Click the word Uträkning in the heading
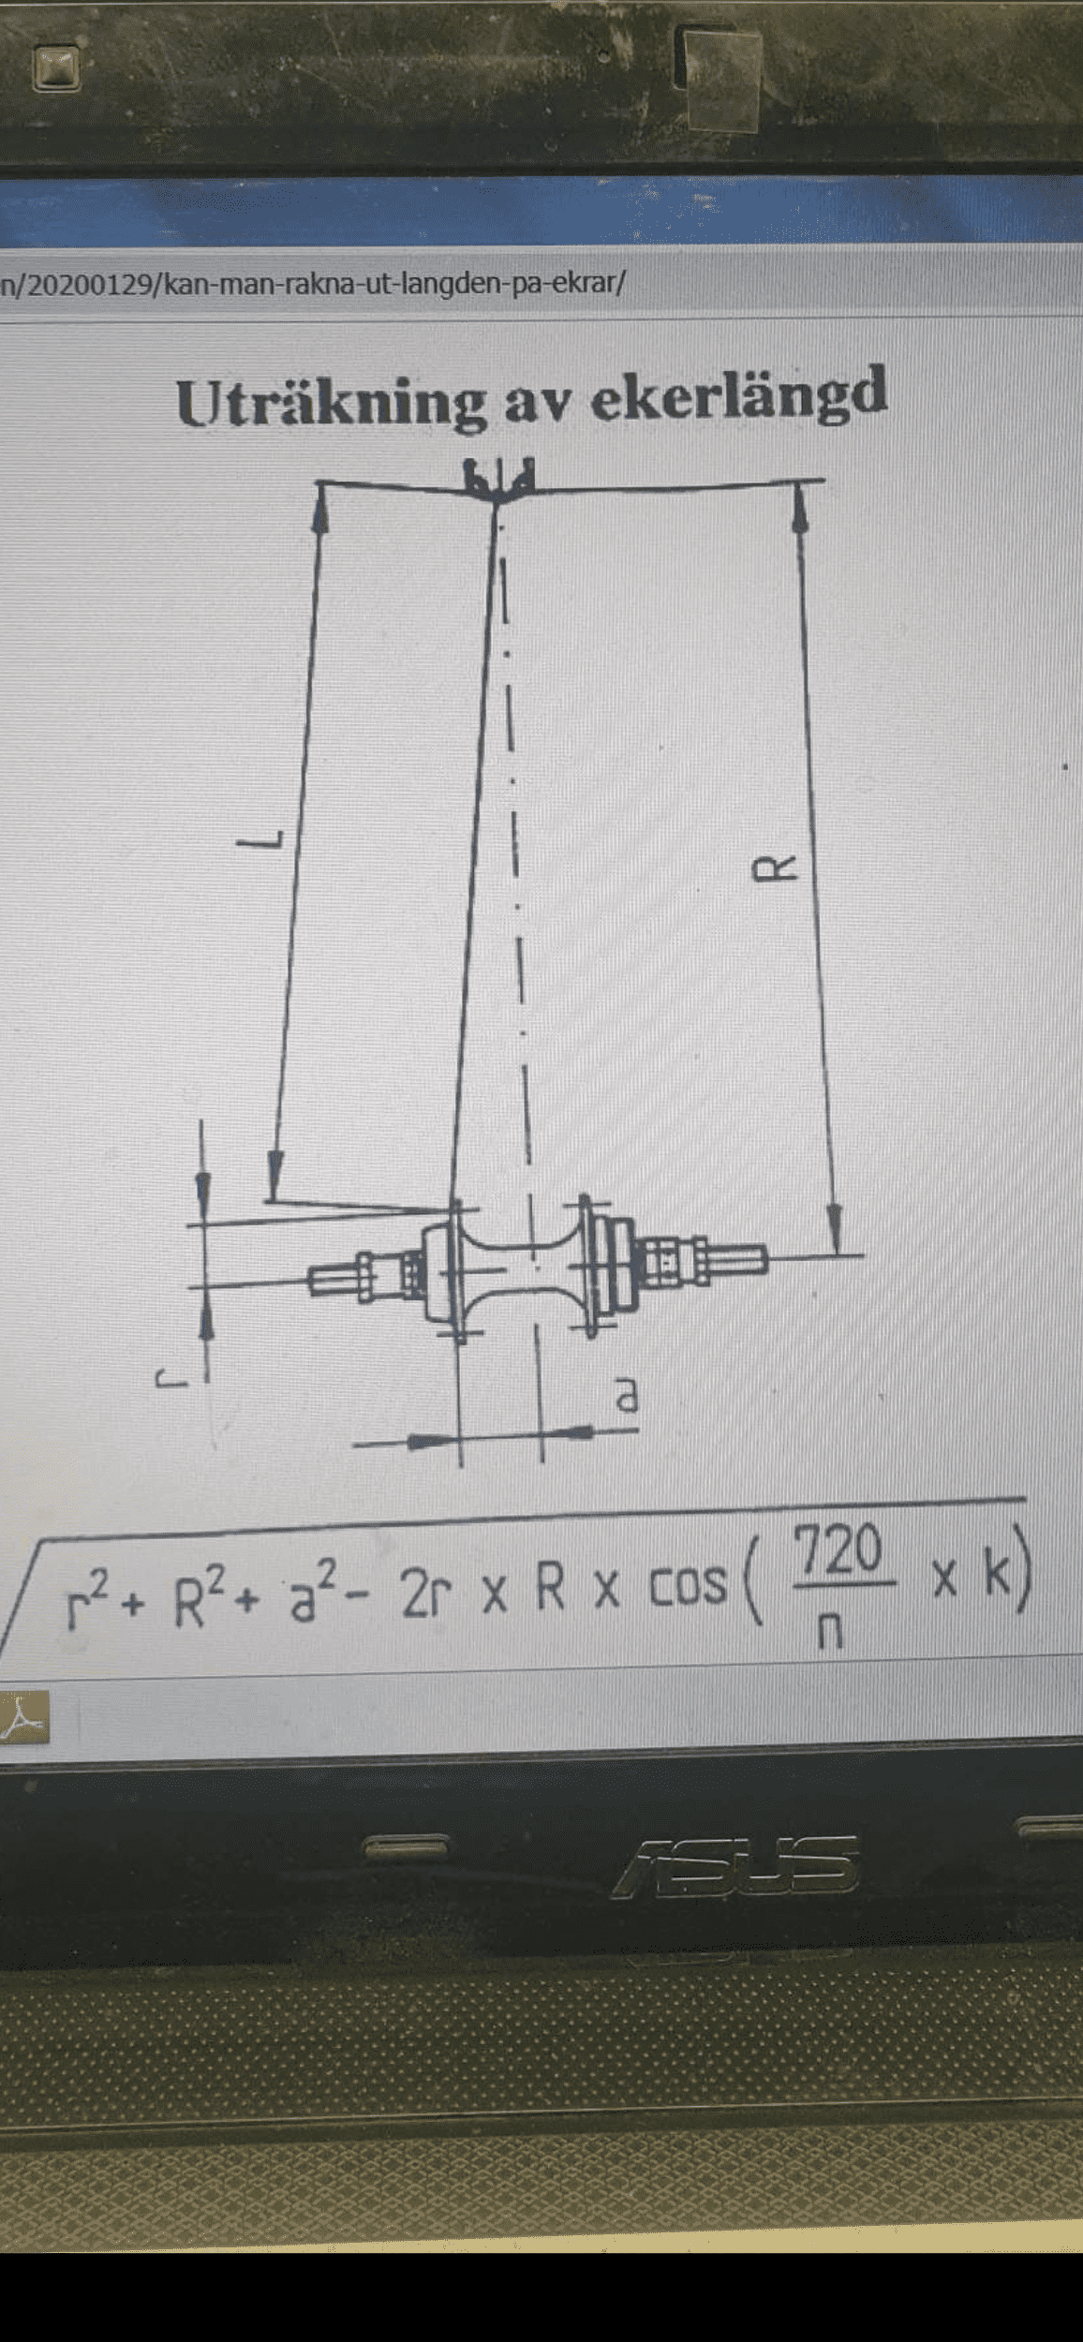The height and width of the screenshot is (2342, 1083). [331, 404]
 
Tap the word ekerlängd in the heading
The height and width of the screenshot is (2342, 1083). [739, 394]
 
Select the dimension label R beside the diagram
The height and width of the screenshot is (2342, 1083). [776, 868]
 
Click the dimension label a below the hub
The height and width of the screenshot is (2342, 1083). [627, 1395]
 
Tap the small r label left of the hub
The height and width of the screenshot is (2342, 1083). [171, 1378]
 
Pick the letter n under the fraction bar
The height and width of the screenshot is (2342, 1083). [830, 1631]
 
